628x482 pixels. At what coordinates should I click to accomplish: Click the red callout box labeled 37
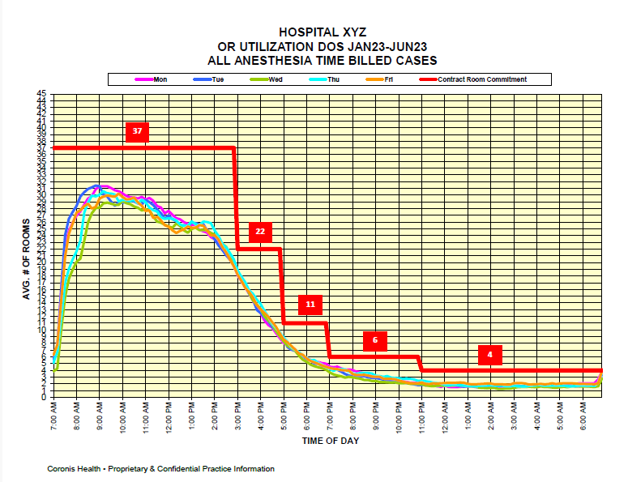coord(138,131)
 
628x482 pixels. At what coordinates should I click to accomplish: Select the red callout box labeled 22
coord(260,232)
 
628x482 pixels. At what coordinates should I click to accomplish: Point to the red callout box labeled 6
coord(375,340)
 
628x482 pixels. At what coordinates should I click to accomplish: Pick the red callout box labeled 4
coord(490,355)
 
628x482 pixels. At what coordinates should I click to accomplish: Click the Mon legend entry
coord(155,79)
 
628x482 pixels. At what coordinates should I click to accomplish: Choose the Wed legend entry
coord(268,79)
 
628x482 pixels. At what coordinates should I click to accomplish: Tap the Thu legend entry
coord(323,79)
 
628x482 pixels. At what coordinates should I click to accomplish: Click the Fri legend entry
coord(380,79)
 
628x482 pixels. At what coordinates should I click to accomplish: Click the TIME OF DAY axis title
coord(331,441)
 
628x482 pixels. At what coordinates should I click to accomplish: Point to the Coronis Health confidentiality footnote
coord(160,469)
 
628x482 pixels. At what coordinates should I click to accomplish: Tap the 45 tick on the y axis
coord(42,94)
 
